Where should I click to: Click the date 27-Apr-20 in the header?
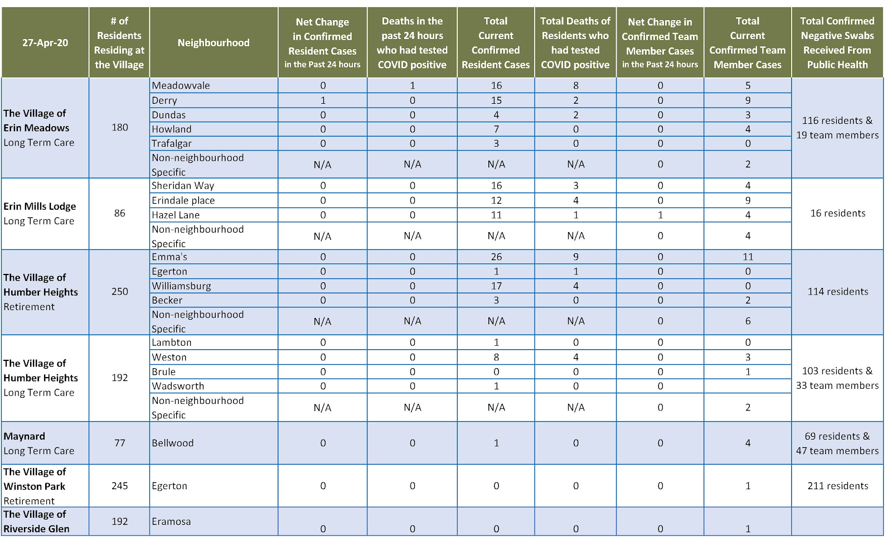point(45,43)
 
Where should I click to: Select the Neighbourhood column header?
point(214,43)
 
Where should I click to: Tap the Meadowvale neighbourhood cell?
point(181,85)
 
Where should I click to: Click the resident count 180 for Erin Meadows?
point(120,127)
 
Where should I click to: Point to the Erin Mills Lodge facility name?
point(40,206)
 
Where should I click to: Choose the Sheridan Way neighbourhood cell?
point(183,186)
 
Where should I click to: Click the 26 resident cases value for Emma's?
point(496,257)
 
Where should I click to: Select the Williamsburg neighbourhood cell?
point(182,286)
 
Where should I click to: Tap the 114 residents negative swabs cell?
point(837,292)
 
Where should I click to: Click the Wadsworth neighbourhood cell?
point(178,386)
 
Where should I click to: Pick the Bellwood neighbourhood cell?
point(173,443)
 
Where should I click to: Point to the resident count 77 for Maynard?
point(120,443)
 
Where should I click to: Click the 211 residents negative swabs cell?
point(837,486)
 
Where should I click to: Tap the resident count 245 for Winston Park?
point(120,486)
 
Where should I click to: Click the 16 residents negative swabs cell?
point(837,213)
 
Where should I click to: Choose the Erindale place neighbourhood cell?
point(183,200)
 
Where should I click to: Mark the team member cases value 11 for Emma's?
point(748,257)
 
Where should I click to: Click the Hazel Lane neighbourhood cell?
point(176,215)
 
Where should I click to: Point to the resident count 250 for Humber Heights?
point(120,292)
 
